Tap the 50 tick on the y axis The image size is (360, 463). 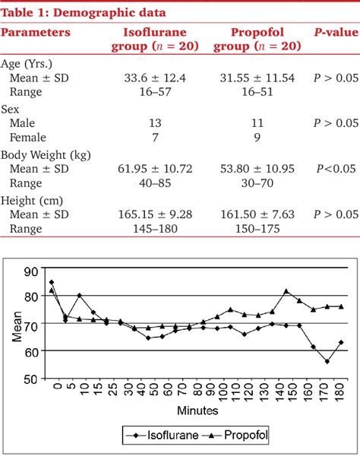[31, 378]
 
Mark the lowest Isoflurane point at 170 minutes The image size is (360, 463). [326, 362]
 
